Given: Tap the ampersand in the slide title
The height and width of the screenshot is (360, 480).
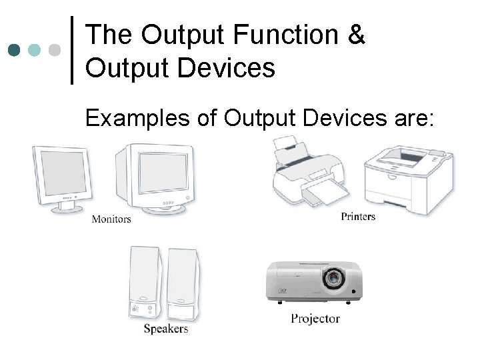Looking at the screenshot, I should pyautogui.click(x=357, y=35).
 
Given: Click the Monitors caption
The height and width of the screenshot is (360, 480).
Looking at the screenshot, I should pyautogui.click(x=111, y=219).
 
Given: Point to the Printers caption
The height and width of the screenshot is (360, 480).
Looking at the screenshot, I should pyautogui.click(x=358, y=216).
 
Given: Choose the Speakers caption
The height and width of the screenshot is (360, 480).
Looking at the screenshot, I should pyautogui.click(x=166, y=329).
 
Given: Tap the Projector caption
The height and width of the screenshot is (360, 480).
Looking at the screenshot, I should pyautogui.click(x=315, y=319).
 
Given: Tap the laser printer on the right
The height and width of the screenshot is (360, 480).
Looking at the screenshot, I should pyautogui.click(x=409, y=178).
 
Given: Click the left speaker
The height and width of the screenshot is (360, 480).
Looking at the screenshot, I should pyautogui.click(x=143, y=283).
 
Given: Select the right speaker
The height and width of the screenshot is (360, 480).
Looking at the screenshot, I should pyautogui.click(x=182, y=283).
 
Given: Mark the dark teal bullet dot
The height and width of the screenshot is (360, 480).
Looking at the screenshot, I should pyautogui.click(x=14, y=50).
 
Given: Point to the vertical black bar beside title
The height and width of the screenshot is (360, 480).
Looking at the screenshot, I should pyautogui.click(x=72, y=50).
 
